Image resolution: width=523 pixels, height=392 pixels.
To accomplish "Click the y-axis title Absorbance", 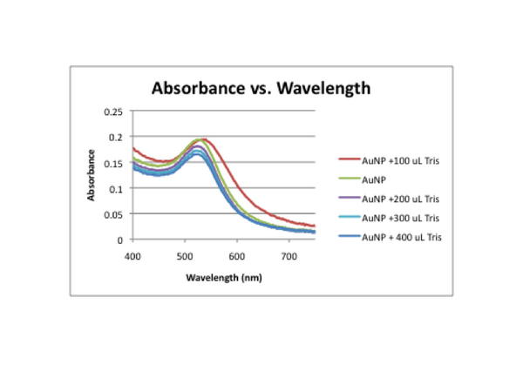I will (x=92, y=176).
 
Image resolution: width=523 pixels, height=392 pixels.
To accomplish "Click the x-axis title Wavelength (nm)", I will (x=221, y=278).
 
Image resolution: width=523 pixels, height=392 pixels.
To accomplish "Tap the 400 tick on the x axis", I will (x=132, y=256).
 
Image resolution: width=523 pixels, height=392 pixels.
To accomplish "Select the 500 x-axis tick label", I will (x=184, y=256).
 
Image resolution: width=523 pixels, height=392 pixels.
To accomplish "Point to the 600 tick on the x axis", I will (x=236, y=256).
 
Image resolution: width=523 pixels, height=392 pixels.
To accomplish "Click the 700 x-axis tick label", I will (x=288, y=256).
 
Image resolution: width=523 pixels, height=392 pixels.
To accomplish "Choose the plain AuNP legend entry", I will (x=376, y=179).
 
